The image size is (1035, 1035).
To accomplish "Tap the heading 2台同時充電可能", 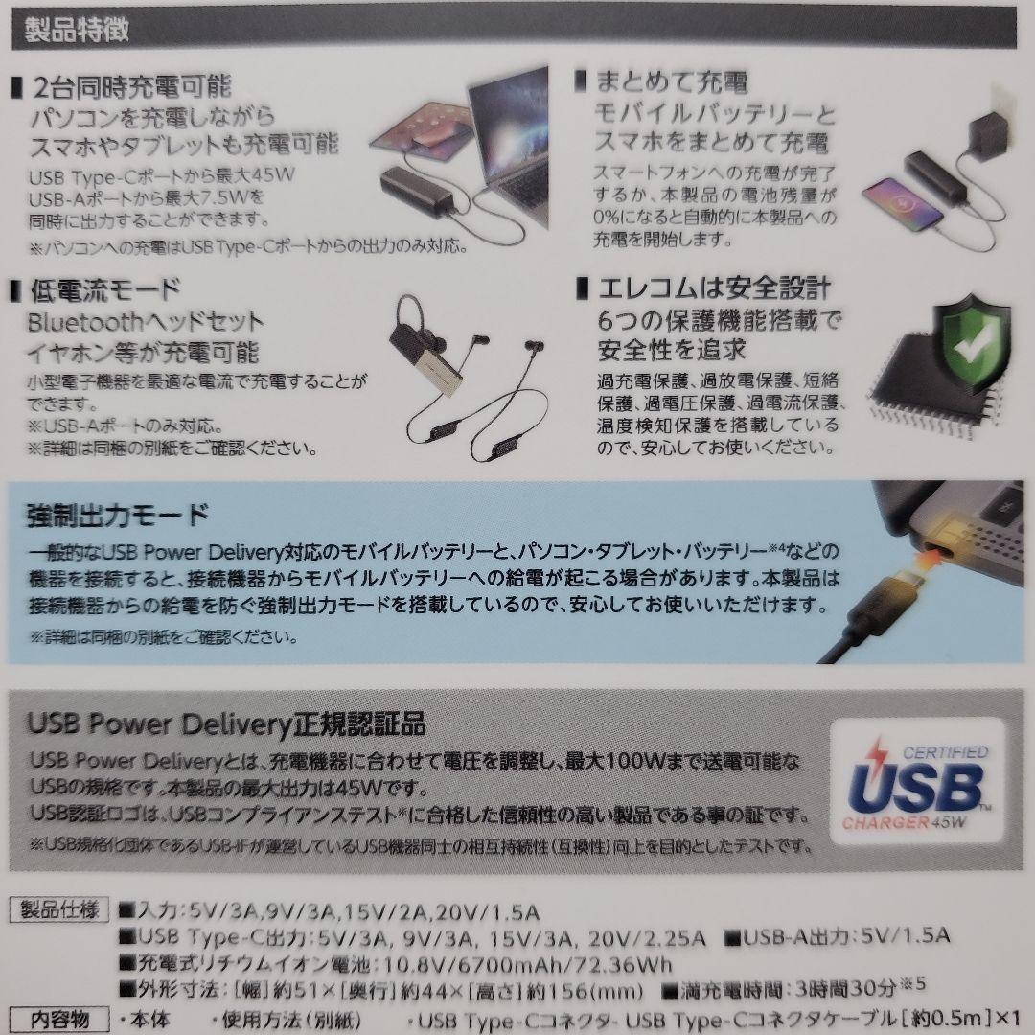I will pyautogui.click(x=133, y=87).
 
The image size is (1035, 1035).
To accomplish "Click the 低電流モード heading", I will pyautogui.click(x=106, y=288).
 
